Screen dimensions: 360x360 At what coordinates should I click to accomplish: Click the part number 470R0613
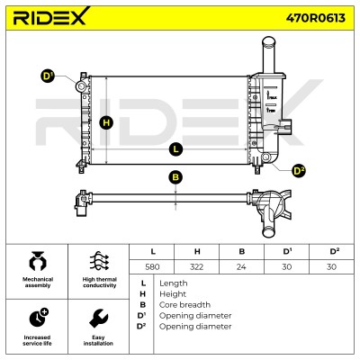tap(315, 18)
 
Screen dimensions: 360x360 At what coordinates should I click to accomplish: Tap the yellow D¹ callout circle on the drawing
tap(47, 76)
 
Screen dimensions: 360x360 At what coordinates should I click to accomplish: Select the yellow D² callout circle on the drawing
tap(299, 171)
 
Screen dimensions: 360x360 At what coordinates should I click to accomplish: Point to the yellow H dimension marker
tap(106, 122)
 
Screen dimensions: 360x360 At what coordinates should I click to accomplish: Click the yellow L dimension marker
tap(175, 149)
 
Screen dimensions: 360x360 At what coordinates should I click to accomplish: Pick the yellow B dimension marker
tap(175, 177)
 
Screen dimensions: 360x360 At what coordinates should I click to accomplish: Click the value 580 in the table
tap(152, 266)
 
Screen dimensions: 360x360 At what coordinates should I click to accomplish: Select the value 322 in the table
tap(196, 266)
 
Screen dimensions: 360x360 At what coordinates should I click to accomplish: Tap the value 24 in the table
tap(241, 266)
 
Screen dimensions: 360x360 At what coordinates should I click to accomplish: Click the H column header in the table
tap(197, 251)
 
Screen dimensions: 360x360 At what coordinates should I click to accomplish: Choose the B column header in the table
tap(242, 251)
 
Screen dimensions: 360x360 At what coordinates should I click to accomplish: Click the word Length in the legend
tap(174, 283)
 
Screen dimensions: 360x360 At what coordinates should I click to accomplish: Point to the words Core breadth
tap(184, 305)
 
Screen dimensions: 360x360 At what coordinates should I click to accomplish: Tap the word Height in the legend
tap(173, 294)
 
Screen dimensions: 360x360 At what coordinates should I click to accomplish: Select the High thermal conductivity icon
tap(99, 262)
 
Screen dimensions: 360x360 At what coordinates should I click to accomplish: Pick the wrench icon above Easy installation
tap(98, 319)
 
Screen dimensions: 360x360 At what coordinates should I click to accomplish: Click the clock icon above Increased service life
tap(39, 318)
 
